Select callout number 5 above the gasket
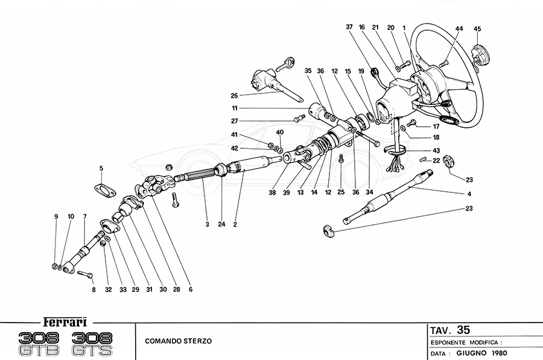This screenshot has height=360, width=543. pos(101,168)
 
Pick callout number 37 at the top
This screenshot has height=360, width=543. pos(349,27)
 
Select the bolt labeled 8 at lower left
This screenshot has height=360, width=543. pos(84,275)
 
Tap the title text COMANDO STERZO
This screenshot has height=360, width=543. pos(179,341)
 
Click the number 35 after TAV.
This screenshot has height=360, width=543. pos(463,330)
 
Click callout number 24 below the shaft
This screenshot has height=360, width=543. pos(221,224)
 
